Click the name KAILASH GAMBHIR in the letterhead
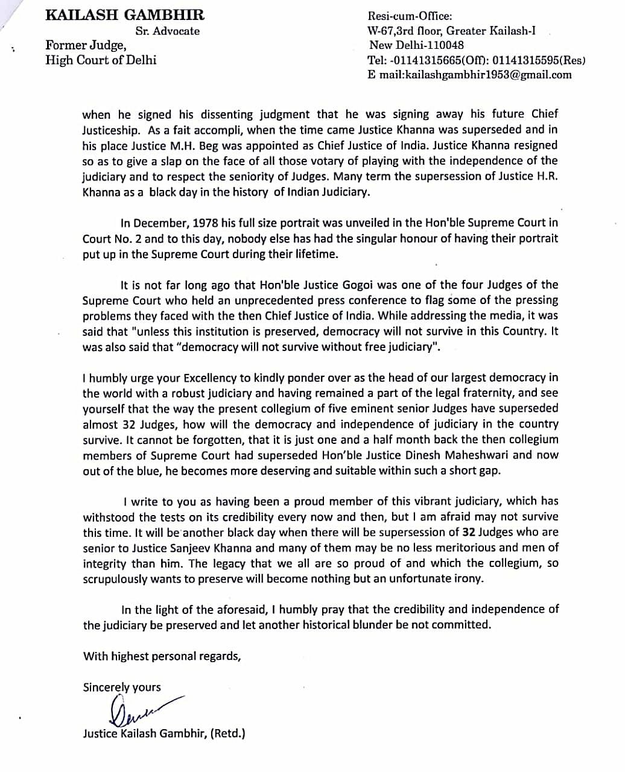point(125,16)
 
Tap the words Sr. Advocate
point(168,31)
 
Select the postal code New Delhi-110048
point(416,45)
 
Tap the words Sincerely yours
point(122,687)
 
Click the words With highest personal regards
point(162,656)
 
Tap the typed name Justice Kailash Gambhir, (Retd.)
point(164,734)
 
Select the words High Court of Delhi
point(101,60)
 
